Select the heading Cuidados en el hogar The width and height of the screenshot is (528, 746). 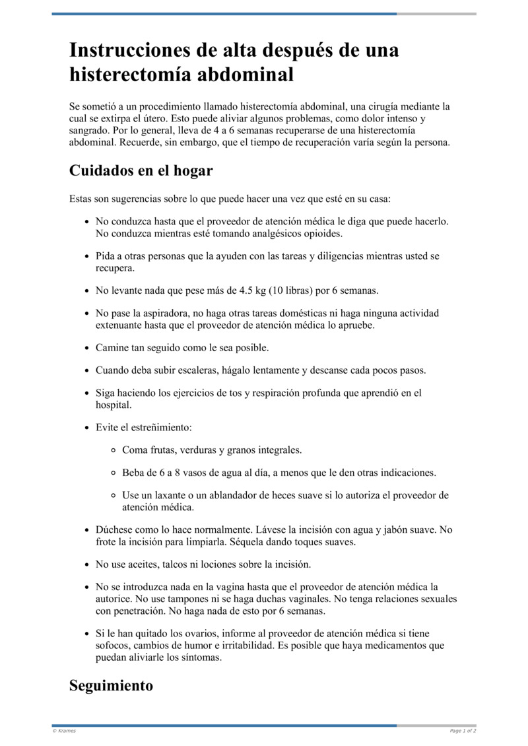point(141,170)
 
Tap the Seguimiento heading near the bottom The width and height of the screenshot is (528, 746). point(111,685)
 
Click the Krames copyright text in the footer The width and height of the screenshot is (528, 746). point(64,731)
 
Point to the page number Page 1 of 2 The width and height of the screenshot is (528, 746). point(463,731)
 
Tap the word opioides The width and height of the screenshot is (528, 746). point(320,234)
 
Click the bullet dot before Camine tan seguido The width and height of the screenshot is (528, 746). point(87,347)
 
